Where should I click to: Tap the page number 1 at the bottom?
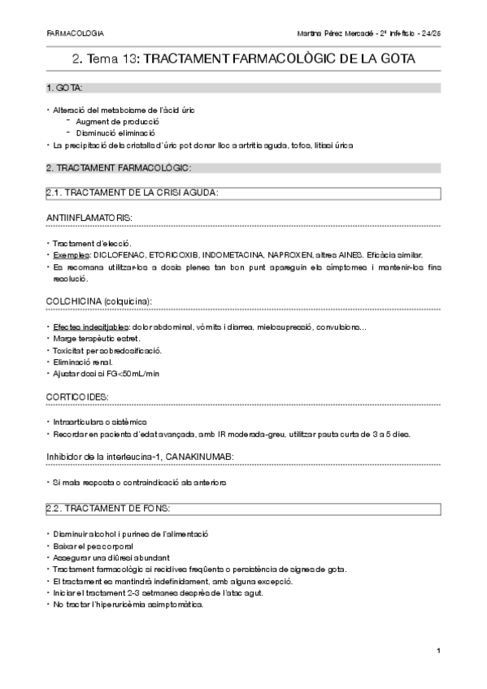(437, 650)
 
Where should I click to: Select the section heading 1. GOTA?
(64, 87)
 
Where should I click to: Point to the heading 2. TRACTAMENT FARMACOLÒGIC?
(119, 168)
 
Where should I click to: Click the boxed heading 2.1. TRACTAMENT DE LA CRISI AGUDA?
(133, 193)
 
